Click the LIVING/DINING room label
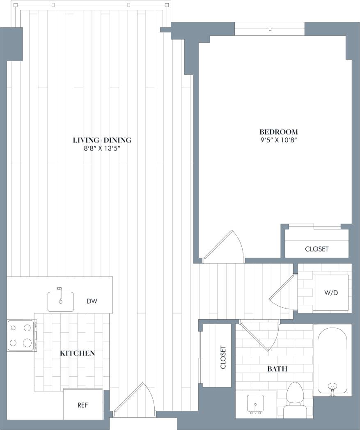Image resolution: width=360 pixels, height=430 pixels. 102,140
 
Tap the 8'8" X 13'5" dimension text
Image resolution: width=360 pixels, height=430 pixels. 102,149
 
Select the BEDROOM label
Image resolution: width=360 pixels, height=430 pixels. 278,132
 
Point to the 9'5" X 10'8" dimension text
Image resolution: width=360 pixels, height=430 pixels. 278,140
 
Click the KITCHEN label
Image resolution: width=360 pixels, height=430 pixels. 78,353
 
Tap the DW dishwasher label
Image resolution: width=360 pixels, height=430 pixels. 92,301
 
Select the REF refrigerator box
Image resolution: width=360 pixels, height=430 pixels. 83,405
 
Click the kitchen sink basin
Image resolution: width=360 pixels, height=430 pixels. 60,301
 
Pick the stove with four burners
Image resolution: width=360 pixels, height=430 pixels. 21,335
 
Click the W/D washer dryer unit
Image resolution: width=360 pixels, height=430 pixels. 330,293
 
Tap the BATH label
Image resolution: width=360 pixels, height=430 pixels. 277,369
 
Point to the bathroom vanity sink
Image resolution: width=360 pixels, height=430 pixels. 256,404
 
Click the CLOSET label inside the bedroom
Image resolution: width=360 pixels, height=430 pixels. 316,249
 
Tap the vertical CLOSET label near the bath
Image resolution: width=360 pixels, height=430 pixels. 223,357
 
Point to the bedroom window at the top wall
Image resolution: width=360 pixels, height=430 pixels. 270,29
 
